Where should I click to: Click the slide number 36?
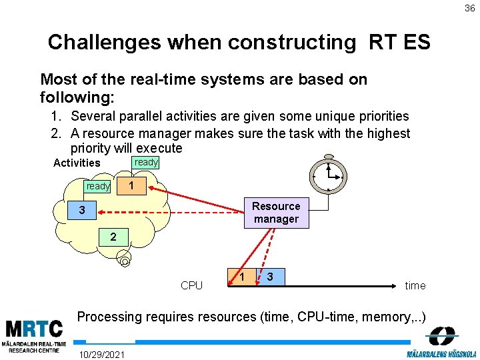tap(470, 8)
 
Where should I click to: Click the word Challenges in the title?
tap(105, 43)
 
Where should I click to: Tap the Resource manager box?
tap(276, 213)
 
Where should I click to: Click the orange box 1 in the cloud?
tap(132, 185)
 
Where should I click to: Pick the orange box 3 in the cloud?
tap(81, 211)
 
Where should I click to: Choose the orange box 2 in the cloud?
tap(114, 237)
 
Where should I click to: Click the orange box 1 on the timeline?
tap(243, 276)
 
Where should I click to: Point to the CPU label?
tap(191, 285)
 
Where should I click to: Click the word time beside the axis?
tap(415, 285)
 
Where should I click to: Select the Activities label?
tap(77, 163)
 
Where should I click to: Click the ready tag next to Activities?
tap(146, 162)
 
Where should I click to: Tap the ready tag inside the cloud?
tap(98, 186)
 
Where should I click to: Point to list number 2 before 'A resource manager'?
tap(57, 133)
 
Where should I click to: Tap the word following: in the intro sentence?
tap(77, 97)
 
